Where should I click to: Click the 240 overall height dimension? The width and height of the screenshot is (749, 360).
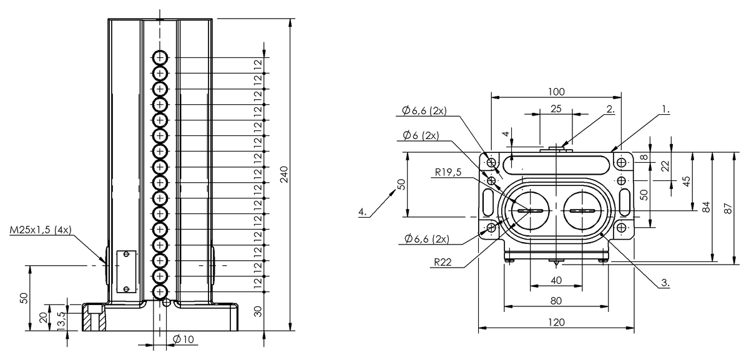point(283,174)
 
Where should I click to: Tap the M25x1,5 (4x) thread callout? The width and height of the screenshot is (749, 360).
point(41,230)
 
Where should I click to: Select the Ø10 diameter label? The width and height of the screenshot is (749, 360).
point(184,339)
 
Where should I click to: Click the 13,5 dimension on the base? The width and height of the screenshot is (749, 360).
point(62,321)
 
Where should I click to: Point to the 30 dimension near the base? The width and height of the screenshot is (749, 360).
point(258,311)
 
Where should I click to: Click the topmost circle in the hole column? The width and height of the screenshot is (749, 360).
point(160,57)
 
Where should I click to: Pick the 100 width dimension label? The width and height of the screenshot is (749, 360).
point(556,92)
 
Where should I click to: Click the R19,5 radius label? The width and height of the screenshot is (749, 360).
point(448,172)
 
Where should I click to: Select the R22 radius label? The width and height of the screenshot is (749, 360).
point(443,262)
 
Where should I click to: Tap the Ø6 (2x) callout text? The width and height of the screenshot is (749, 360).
point(421,135)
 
